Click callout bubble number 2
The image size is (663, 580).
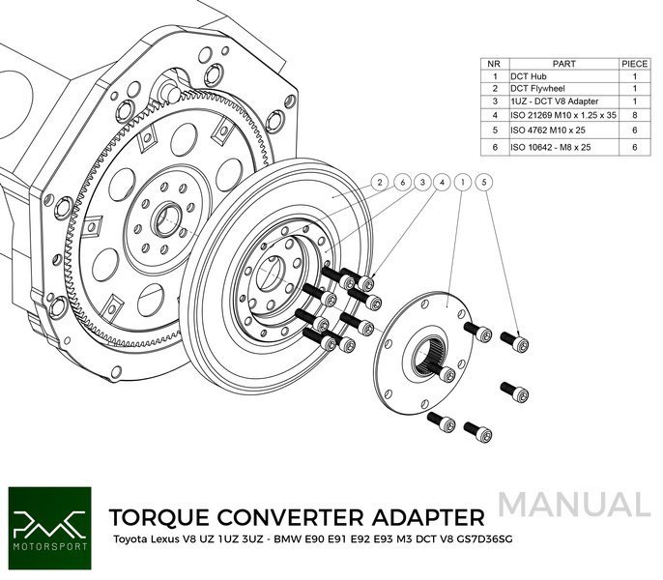(381, 182)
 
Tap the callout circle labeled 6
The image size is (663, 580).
(401, 182)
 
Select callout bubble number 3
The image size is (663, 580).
(421, 182)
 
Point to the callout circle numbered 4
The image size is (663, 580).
(442, 182)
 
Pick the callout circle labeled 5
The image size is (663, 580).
(484, 182)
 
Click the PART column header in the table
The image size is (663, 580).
(564, 63)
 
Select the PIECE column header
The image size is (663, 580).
(635, 63)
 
